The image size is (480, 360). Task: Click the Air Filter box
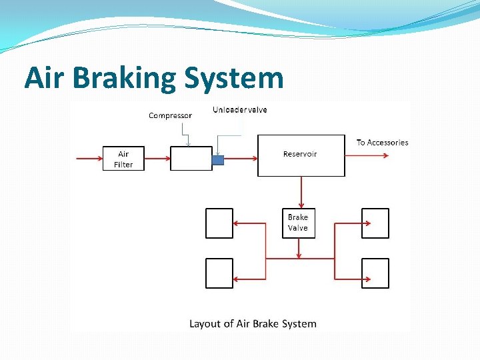coord(123,159)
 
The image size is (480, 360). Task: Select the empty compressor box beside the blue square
coord(191,159)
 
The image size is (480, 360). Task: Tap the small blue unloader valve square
coord(217,159)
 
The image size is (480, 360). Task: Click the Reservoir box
coord(301,155)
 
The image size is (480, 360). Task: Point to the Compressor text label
coord(170,115)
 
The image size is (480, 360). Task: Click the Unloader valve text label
coord(240,109)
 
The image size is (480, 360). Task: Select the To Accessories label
coord(382,142)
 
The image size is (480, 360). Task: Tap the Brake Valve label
coord(298,223)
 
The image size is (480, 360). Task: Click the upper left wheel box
coord(219,223)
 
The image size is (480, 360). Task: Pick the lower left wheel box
coord(219,273)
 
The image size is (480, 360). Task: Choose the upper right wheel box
coord(375,223)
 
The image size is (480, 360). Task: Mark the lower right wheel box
coord(375,273)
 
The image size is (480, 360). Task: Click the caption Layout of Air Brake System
coord(253,324)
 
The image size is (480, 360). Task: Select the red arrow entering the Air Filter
coord(89,159)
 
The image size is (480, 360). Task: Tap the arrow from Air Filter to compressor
coord(157,159)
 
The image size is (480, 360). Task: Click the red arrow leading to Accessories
coord(367,155)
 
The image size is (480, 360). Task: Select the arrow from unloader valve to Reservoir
coord(241,159)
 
